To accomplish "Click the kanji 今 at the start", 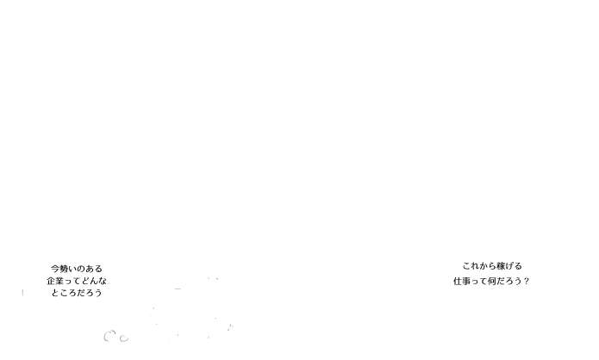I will click(x=54, y=269).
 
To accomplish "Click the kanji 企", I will click(x=51, y=281).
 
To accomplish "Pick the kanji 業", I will click(x=59, y=281).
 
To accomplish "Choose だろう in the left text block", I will click(x=90, y=293).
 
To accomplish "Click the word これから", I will click(x=478, y=266).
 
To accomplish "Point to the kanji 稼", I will click(x=500, y=266).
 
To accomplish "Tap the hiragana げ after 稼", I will click(x=509, y=266).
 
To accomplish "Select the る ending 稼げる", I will click(x=518, y=266).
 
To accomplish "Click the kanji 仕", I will click(x=458, y=281).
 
